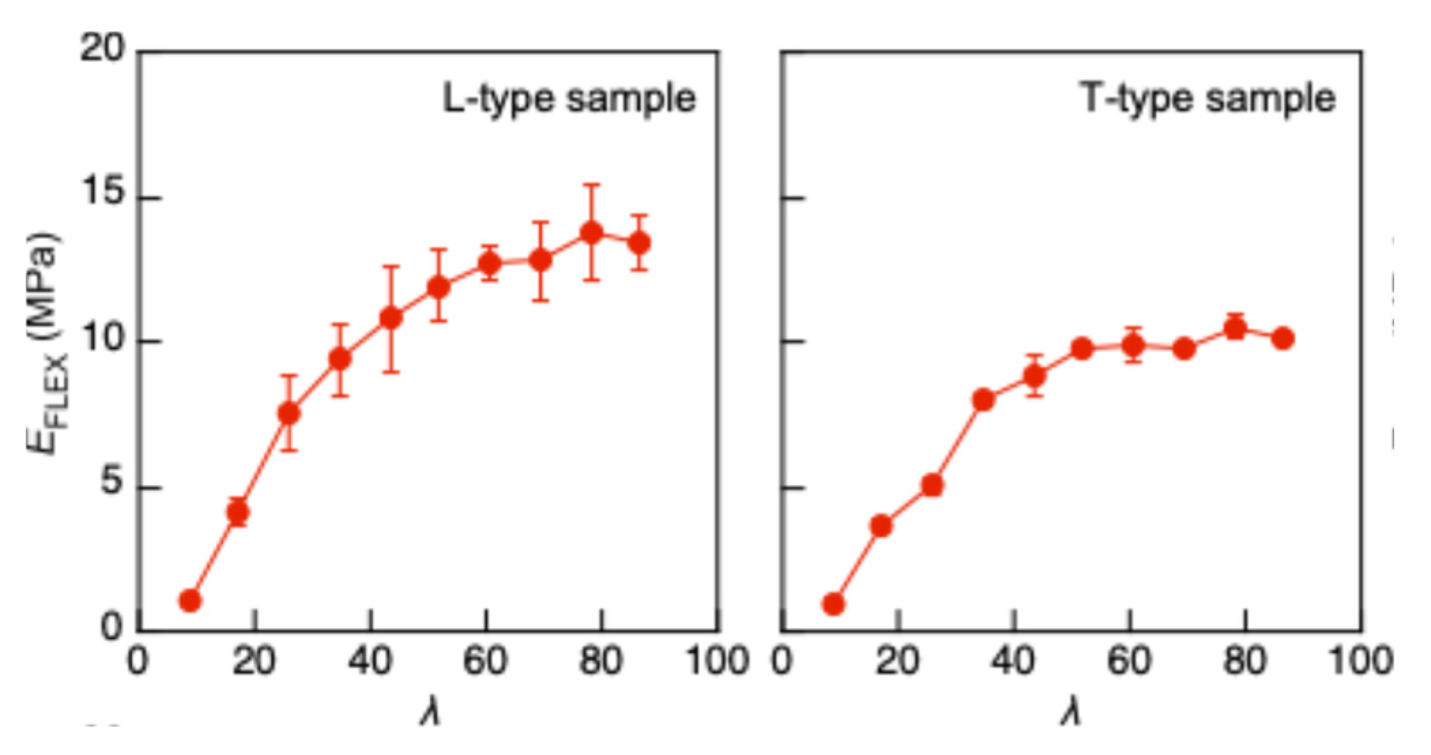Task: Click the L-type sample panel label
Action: pos(569,99)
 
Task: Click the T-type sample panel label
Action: pos(1208,99)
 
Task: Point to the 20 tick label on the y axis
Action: pos(103,49)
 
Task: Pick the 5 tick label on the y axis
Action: pos(114,486)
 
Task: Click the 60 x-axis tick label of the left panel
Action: pos(485,660)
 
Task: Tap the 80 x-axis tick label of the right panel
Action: pos(1245,660)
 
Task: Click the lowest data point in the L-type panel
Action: pos(191,600)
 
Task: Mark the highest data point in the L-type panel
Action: pos(591,233)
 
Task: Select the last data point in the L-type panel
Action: pos(639,243)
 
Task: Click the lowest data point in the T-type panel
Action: pos(834,604)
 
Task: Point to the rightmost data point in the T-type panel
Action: pos(1283,338)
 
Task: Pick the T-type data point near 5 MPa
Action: pos(932,485)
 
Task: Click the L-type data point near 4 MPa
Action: pos(237,512)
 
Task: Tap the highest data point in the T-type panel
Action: pos(1235,330)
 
